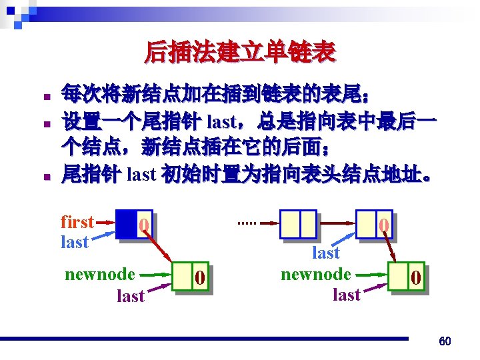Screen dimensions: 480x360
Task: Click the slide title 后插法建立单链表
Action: click(x=240, y=51)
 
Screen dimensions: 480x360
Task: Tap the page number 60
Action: click(x=445, y=341)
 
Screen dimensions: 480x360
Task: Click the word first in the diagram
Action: click(x=77, y=222)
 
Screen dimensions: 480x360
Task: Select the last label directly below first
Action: click(x=74, y=242)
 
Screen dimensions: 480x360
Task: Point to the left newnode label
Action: click(x=100, y=274)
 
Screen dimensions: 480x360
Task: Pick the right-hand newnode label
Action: click(x=316, y=274)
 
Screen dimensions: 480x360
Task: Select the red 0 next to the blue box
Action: click(x=143, y=227)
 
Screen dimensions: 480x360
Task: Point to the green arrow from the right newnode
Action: click(x=371, y=274)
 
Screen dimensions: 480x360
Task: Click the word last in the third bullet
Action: click(x=141, y=175)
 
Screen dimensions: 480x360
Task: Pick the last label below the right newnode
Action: click(x=346, y=294)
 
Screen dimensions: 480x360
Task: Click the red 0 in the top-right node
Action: click(x=384, y=226)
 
